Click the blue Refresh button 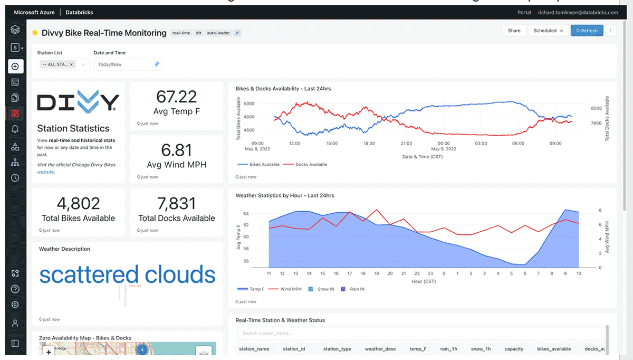click(587, 31)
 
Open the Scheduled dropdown click(548, 31)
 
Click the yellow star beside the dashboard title click(35, 33)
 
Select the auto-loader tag click(218, 33)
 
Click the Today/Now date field click(123, 64)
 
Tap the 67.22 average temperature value click(176, 97)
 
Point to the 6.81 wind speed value click(176, 150)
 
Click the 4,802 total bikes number click(78, 203)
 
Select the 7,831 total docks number click(176, 203)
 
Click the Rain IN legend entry click(355, 289)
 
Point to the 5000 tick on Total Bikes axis click(248, 103)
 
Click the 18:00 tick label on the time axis click(369, 143)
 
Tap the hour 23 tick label click(430, 273)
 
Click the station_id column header click(294, 349)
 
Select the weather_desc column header click(380, 349)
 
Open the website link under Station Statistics click(45, 172)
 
